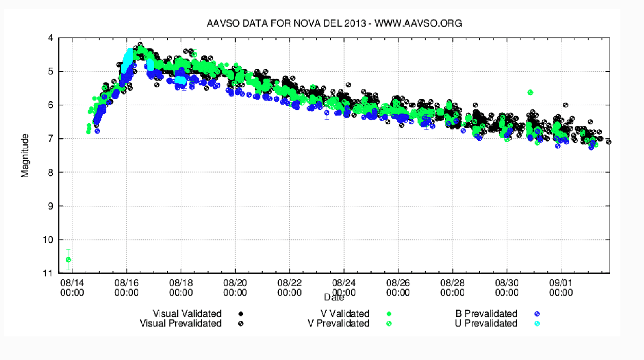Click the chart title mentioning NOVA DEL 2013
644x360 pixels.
[x=334, y=23]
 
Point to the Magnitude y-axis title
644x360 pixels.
[x=25, y=155]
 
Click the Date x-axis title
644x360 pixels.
[x=334, y=297]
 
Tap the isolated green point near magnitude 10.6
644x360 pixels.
[x=68, y=259]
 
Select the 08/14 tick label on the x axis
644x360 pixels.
[x=72, y=287]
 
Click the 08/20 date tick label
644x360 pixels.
[x=235, y=287]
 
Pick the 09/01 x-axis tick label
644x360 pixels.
[x=561, y=287]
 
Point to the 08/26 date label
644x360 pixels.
[x=398, y=287]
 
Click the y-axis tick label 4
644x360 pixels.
[x=50, y=38]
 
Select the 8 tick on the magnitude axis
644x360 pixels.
[x=50, y=173]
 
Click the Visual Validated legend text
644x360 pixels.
[x=187, y=314]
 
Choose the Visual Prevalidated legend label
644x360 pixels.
[x=181, y=324]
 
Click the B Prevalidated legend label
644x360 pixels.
[x=486, y=314]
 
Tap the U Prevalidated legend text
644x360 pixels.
[x=486, y=324]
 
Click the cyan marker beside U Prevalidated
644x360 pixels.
[x=537, y=324]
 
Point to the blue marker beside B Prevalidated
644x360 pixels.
[x=537, y=314]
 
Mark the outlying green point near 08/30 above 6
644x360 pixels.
[x=530, y=92]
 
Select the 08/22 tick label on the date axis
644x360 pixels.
[x=289, y=287]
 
